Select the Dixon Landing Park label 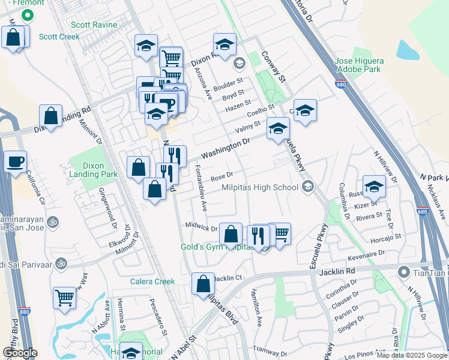pyautogui.click(x=88, y=170)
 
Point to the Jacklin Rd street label pyautogui.click(x=342, y=271)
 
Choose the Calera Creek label pyautogui.click(x=153, y=281)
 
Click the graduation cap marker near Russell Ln pyautogui.click(x=374, y=187)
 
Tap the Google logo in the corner pyautogui.click(x=19, y=353)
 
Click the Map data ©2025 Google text pyautogui.click(x=412, y=355)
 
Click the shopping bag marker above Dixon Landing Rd pyautogui.click(x=51, y=116)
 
